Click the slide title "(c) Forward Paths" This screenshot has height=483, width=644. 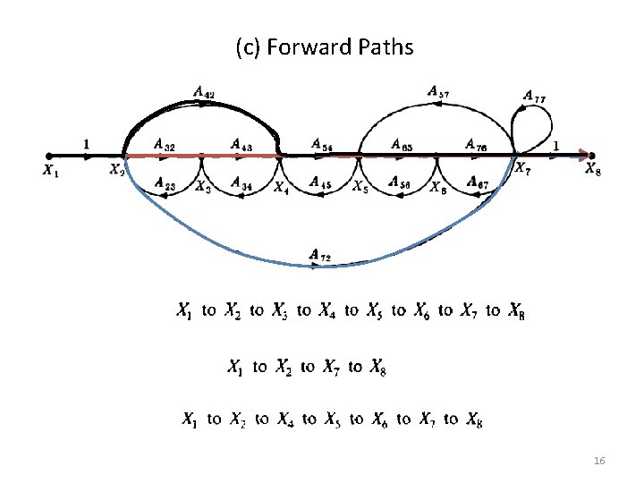click(x=325, y=47)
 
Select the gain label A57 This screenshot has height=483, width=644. click(x=438, y=90)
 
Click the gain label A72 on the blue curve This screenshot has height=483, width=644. click(x=320, y=257)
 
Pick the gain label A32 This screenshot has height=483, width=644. click(x=164, y=143)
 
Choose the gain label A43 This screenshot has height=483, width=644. click(x=241, y=143)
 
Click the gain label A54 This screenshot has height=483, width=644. click(x=322, y=143)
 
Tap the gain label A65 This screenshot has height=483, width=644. click(x=402, y=143)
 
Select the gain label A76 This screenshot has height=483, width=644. click(x=476, y=143)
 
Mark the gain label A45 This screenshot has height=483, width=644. click(x=320, y=182)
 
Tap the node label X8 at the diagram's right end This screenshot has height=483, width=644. click(x=593, y=170)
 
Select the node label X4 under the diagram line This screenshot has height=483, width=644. click(x=281, y=188)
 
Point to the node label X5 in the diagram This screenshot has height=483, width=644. click(x=360, y=187)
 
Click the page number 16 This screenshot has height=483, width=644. click(x=599, y=461)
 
